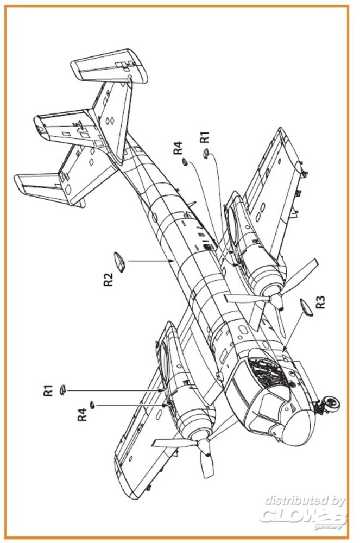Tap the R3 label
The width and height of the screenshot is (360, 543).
point(321,302)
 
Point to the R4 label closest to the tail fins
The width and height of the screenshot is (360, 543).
point(179,148)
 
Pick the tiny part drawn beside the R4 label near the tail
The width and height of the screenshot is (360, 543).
point(186,161)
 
